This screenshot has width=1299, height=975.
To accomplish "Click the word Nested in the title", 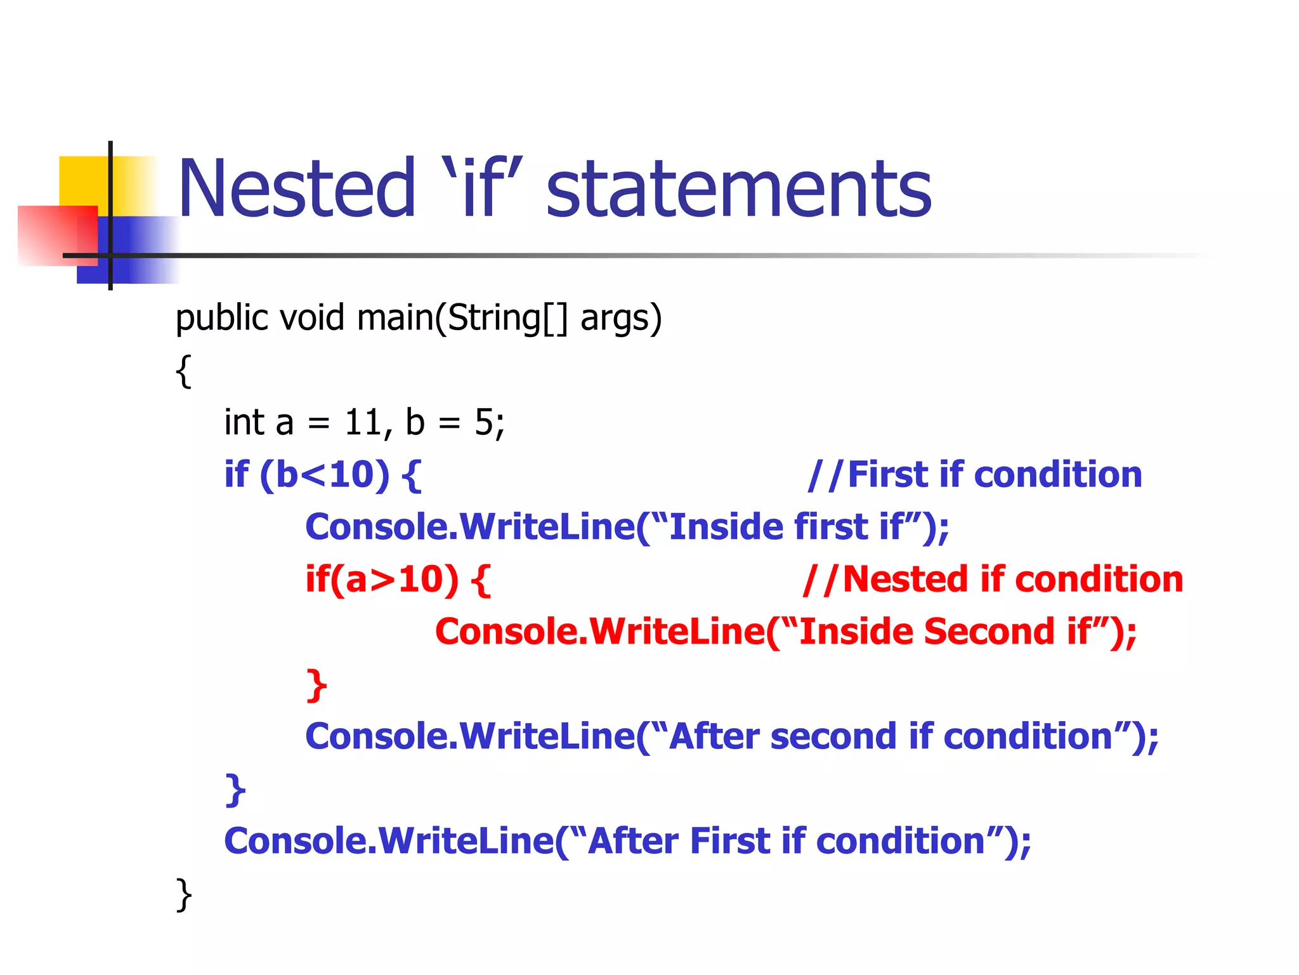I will (296, 189).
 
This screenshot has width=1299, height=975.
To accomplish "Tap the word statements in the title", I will (739, 189).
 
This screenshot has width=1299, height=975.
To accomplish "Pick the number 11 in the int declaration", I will (363, 423).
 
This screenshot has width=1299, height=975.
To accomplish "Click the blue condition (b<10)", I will (325, 475).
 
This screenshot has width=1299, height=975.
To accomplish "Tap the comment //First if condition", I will (975, 475).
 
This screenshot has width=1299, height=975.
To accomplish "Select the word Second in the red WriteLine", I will (989, 632).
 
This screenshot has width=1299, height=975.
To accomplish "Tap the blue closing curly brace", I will (235, 790).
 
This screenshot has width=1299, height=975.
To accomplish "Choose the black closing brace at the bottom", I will (183, 895).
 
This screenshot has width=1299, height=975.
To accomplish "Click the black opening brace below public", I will (183, 371).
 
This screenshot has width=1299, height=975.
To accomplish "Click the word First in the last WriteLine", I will (729, 842).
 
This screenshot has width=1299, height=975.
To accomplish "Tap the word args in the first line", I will (620, 319).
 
